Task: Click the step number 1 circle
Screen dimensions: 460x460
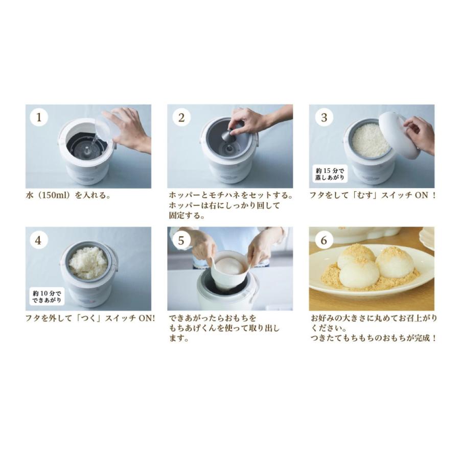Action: (39, 118)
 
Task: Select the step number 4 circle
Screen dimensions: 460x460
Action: (39, 240)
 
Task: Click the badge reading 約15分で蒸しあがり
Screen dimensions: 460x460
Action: (330, 174)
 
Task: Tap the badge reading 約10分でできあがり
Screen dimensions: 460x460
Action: (47, 296)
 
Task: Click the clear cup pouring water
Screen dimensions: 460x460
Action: (109, 126)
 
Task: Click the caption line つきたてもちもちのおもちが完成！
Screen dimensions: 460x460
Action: (374, 338)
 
